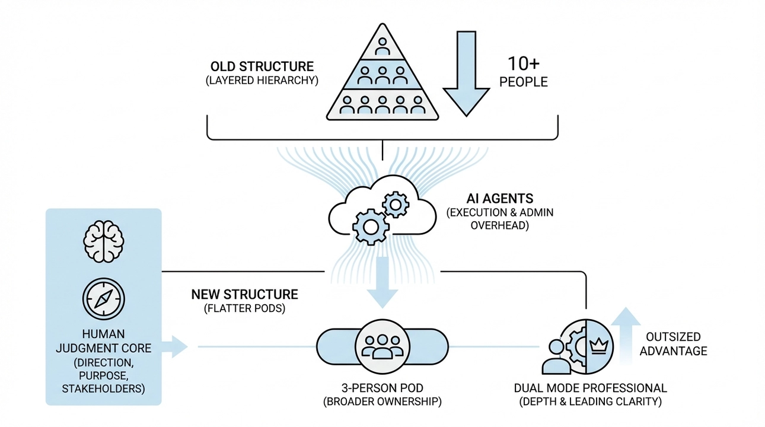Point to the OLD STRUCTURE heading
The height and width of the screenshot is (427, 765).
pos(262,66)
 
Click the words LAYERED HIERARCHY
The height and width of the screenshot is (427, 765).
pos(262,81)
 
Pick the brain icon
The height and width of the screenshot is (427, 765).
pos(104,241)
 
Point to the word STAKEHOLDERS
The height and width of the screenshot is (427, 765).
pos(104,388)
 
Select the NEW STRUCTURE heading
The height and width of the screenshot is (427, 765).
pos(244,294)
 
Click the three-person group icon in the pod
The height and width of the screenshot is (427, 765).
pos(382,346)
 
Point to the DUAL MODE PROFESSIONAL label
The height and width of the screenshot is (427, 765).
pos(590,388)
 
